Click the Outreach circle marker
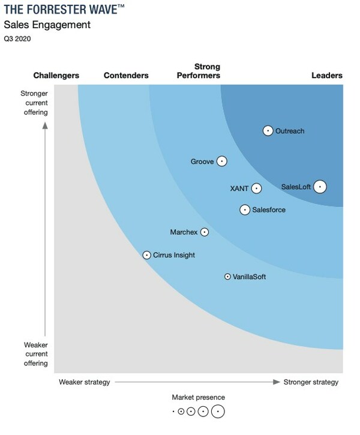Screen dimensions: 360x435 coord(268,131)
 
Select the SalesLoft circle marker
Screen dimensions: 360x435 coord(320,187)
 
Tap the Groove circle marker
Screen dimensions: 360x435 coord(221,161)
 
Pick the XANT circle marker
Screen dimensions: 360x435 coord(256,188)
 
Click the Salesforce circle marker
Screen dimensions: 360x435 coord(245,210)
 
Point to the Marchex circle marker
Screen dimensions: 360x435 coord(205,232)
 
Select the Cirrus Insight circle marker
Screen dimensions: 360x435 coord(146,255)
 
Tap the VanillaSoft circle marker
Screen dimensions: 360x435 coord(227,277)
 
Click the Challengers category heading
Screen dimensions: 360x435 coord(56,76)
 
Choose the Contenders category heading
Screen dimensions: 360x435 coord(126,76)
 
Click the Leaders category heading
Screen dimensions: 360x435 coord(327,76)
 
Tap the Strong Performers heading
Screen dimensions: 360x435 coord(199,71)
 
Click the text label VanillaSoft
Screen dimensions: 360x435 coord(250,277)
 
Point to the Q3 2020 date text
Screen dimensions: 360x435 coord(17,38)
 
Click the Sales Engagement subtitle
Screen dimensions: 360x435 coord(47,25)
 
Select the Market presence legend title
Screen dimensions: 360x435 coord(199,397)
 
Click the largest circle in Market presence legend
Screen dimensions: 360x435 coord(218,412)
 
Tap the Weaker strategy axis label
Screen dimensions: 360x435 coord(85,382)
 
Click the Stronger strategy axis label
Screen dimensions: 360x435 coord(311,382)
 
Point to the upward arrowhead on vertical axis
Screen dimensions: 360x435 coord(45,126)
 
